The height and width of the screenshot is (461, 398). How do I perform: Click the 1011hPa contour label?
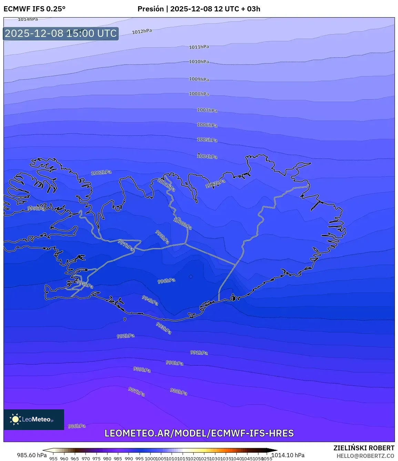199,47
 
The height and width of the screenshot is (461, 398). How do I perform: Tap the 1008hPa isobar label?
199,94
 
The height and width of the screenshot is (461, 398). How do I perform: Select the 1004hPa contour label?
207,156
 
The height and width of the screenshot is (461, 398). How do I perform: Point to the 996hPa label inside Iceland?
166,281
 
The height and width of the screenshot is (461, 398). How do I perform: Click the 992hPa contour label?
125,336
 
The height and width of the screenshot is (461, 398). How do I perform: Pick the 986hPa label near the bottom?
76,426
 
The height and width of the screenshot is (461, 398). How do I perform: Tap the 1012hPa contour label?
142,31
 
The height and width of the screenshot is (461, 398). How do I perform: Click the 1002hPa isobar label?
101,172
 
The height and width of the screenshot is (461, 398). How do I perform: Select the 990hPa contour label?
174,363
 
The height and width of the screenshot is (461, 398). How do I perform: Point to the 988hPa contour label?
178,392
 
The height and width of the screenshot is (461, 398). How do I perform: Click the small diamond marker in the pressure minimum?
191,277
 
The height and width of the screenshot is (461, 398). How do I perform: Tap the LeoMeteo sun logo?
15,419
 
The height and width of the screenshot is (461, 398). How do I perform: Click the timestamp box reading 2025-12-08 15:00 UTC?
61,34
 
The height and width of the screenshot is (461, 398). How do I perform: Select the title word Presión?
151,9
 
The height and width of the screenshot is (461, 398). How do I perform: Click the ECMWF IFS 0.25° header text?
34,9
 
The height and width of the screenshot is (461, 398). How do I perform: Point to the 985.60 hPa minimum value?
32,455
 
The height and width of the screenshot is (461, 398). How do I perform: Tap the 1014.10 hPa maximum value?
288,455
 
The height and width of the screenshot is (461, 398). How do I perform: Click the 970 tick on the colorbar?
86,459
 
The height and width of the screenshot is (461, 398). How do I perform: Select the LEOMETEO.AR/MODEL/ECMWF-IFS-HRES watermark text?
199,433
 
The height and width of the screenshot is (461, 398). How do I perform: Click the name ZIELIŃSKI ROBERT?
364,448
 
